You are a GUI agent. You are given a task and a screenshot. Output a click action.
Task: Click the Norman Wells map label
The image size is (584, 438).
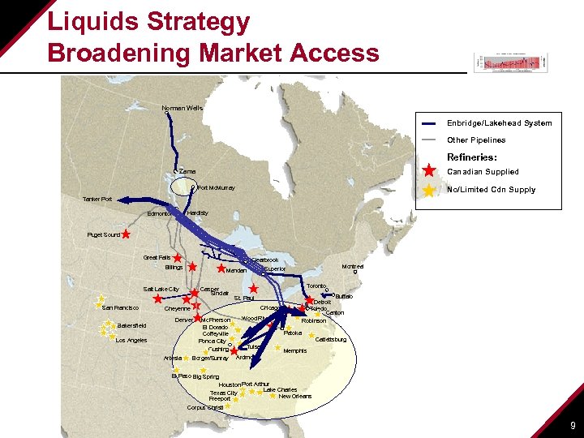pos(182,108)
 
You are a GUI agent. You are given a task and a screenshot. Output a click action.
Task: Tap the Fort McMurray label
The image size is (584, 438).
pos(216,188)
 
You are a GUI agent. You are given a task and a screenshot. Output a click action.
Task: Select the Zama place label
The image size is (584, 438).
pos(187,172)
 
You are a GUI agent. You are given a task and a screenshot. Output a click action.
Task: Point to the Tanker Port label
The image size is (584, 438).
pos(97,200)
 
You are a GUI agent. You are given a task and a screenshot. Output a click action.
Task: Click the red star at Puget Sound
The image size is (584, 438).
pos(127,234)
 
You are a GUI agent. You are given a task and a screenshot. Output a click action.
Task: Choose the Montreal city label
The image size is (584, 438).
pos(353,267)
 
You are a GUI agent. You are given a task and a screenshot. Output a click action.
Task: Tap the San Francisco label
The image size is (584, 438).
pos(122,308)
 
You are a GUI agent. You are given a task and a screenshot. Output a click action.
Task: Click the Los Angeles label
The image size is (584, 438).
pos(131,341)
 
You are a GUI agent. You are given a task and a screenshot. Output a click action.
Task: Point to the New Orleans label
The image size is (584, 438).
pos(295,397)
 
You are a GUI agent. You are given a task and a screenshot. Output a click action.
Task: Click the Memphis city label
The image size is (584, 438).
pos(295,351)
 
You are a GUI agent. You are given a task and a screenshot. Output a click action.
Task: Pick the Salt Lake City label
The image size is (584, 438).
pos(161,290)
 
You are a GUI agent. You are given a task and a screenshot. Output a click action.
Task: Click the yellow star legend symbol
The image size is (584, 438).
pos(430,190)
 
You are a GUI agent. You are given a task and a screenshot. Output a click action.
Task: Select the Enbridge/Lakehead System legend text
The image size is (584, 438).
pos(499,123)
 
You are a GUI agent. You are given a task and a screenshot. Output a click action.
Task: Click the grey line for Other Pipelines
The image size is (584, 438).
pos(430,140)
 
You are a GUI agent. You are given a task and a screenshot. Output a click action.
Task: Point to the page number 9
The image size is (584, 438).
pos(573,425)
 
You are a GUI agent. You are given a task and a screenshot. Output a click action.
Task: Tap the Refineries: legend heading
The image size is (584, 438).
pos(472,157)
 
